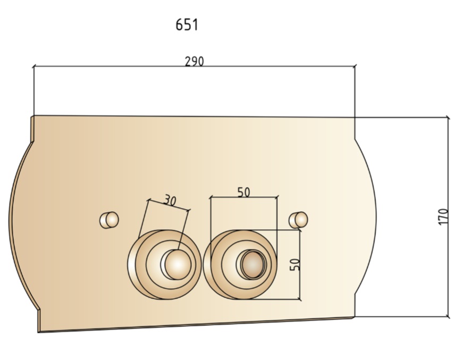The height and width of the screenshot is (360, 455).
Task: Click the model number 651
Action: [x=187, y=24]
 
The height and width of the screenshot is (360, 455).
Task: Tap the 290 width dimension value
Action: [x=195, y=62]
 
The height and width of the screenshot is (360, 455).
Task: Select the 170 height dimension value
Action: [x=443, y=216]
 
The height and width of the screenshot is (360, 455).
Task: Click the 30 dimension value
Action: [x=170, y=200]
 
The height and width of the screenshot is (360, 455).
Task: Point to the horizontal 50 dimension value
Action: [x=243, y=192]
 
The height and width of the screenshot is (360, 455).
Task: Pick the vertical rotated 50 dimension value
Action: [x=295, y=264]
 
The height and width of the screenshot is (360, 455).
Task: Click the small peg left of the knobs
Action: [x=109, y=220]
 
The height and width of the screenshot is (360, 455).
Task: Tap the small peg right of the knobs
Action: [x=298, y=220]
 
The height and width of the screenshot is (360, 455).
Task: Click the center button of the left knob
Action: [x=178, y=264]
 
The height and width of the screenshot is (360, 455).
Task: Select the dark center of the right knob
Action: [x=253, y=264]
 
